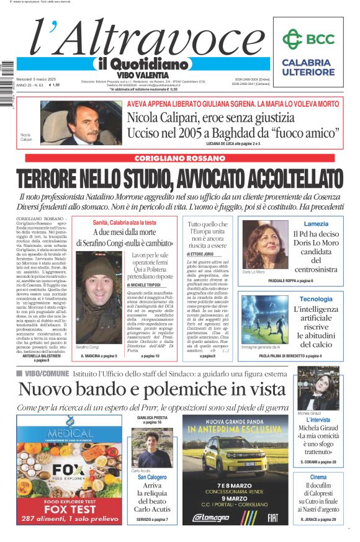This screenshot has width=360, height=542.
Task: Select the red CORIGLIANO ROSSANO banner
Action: pos(179,158)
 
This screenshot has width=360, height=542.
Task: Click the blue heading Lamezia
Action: pos(316,224)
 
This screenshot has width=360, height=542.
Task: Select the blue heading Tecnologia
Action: pos(316,299)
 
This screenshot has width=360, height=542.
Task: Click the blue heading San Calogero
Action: pos(153,478)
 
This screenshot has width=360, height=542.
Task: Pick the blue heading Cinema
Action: pos(318,477)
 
